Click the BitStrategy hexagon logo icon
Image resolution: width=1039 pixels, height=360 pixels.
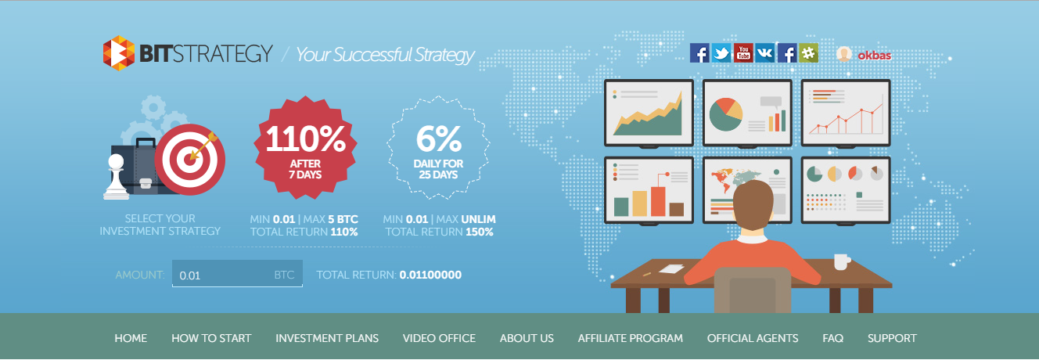click(119, 53)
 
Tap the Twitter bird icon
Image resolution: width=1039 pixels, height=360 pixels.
click(721, 53)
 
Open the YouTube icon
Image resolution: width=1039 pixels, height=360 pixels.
click(743, 53)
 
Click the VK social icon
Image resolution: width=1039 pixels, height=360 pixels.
click(765, 53)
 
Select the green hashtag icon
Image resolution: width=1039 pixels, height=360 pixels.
click(808, 53)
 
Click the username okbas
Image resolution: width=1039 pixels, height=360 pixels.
click(875, 56)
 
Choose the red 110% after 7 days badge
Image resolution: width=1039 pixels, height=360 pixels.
click(305, 148)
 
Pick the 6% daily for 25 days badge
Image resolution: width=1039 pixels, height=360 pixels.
click(438, 148)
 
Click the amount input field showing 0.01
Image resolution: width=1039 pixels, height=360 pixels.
click(237, 273)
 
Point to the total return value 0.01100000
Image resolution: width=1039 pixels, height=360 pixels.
click(430, 275)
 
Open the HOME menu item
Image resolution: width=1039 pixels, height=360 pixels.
click(131, 338)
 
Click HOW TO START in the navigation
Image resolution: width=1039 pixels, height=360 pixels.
click(211, 338)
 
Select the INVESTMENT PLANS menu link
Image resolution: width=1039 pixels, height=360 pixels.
click(327, 338)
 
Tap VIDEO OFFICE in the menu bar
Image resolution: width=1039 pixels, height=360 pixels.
click(439, 338)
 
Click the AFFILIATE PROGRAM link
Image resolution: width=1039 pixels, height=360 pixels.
click(631, 338)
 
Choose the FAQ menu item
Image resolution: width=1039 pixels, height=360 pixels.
click(833, 338)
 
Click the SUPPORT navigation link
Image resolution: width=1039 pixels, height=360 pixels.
click(892, 338)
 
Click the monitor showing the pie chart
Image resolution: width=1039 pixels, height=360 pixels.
click(747, 113)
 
